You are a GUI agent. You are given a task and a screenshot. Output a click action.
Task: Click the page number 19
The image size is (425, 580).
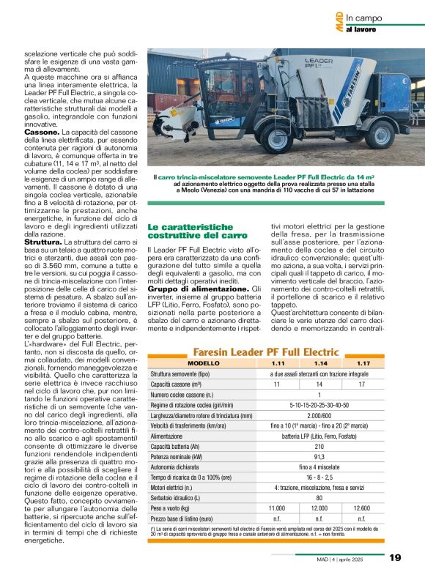point(395,557)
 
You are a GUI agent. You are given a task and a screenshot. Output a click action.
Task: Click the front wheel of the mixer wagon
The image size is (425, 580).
point(278,139)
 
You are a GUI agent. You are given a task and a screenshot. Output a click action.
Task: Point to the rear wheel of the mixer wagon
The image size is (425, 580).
point(380,134)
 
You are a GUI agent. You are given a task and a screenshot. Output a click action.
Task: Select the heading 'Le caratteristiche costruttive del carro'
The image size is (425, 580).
point(198,231)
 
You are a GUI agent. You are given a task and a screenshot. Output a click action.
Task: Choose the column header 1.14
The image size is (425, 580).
point(319,363)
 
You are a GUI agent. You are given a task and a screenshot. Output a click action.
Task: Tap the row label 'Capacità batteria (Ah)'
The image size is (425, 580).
point(182,446)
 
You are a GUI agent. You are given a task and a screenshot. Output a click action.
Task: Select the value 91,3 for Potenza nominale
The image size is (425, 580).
point(319,456)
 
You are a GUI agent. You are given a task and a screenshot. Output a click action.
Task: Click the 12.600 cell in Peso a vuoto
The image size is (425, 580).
point(362,508)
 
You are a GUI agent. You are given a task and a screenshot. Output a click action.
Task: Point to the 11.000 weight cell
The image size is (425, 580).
point(277,508)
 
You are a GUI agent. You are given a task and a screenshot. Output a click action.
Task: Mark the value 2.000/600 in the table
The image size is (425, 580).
point(319,415)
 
